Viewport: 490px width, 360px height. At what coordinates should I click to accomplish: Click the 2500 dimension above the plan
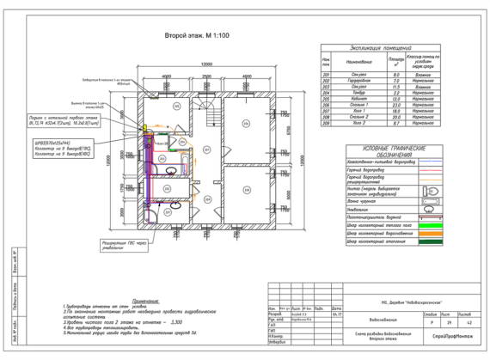click(x=206, y=76)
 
